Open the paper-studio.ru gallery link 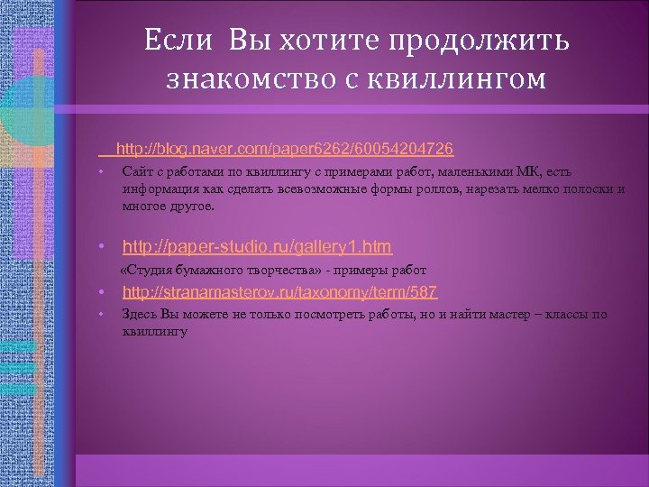pos(257,245)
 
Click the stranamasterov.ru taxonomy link pos(280,291)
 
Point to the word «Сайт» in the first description pos(137,171)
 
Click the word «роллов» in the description pos(429,188)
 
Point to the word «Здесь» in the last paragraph pos(139,314)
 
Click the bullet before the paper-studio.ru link pos(103,246)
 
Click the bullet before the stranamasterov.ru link pos(103,292)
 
